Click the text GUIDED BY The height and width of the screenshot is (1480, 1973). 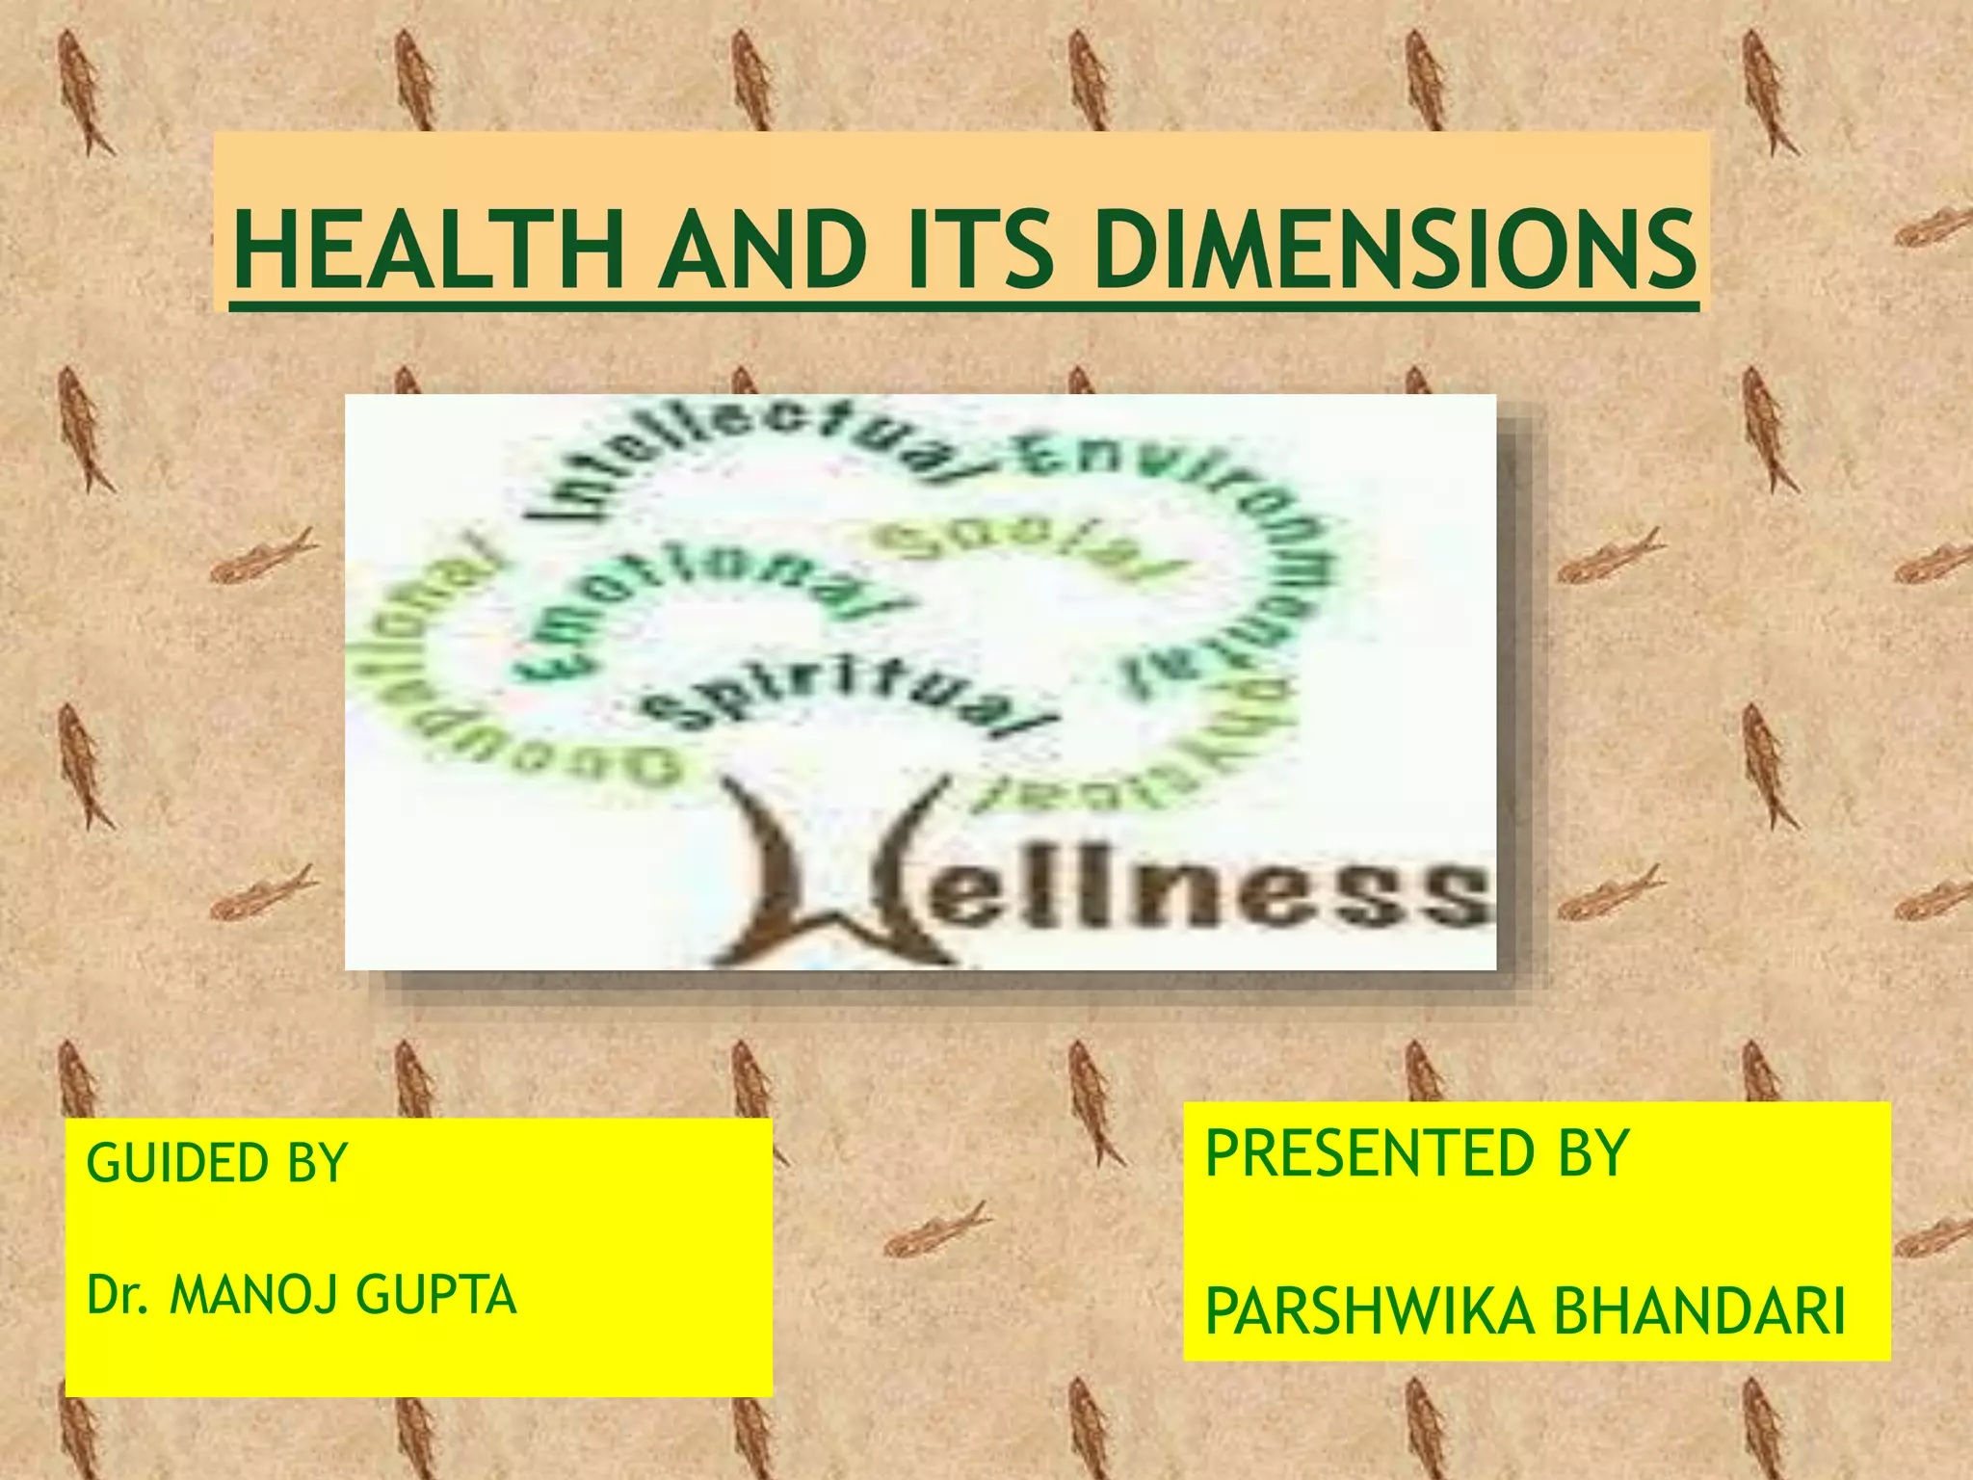[217, 1163]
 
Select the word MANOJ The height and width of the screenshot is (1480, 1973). [256, 1294]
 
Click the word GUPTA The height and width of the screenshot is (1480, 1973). [436, 1294]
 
